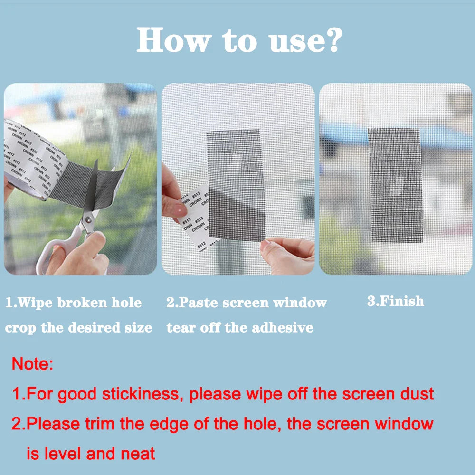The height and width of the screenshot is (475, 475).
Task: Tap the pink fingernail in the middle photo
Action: coord(180,209)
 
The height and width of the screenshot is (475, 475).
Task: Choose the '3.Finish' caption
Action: coord(395,301)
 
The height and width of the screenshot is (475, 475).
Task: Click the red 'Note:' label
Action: coord(32,364)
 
